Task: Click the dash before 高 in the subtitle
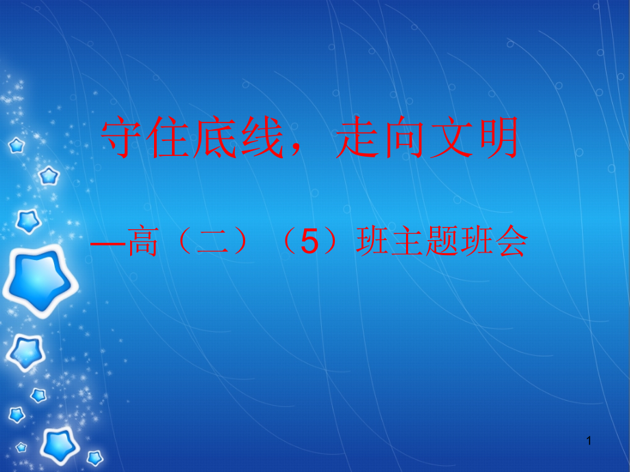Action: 110,243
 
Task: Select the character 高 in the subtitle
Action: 141,243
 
